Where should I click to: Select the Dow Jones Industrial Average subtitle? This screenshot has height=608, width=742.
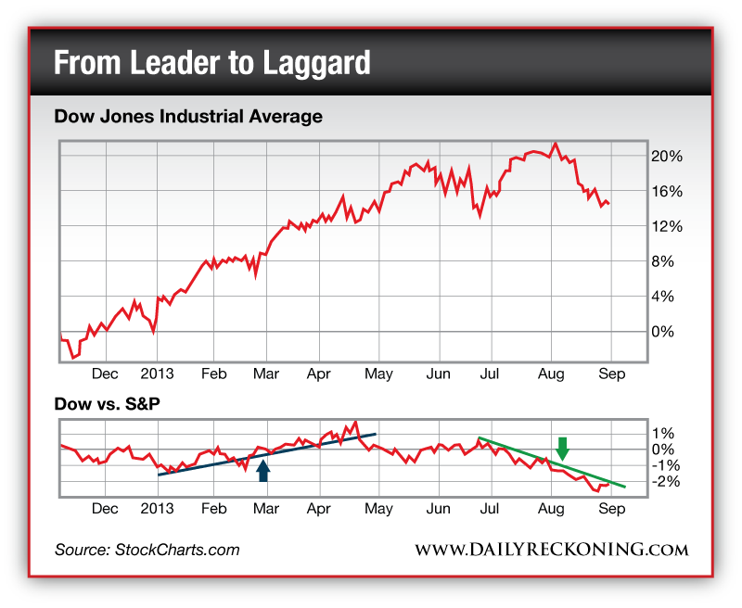(188, 117)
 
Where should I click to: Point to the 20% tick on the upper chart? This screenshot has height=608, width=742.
(666, 156)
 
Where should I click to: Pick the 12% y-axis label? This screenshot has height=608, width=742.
(666, 226)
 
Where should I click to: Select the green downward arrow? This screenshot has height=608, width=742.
(562, 448)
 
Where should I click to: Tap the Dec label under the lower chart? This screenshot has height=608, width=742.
(105, 509)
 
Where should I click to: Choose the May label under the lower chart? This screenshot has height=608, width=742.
(378, 509)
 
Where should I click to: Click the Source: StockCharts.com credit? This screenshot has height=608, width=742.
(147, 550)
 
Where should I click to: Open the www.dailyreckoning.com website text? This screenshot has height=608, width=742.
(551, 550)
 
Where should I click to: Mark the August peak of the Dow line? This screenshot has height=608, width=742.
(555, 144)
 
